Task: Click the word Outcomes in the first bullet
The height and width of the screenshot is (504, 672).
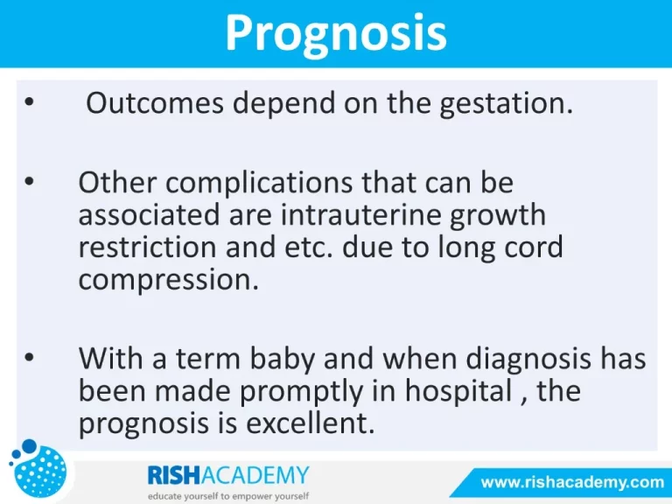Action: coord(155,103)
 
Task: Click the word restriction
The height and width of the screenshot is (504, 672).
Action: coord(147,247)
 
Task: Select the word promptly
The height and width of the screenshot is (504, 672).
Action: coord(301,392)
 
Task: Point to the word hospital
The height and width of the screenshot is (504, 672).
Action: coord(458,392)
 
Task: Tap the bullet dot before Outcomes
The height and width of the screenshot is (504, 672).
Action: coord(29,102)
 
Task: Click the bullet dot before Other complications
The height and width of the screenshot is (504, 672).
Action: coord(29,181)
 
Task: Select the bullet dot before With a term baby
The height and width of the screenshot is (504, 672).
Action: coord(29,357)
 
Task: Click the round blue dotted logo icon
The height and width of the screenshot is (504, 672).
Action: coord(38,468)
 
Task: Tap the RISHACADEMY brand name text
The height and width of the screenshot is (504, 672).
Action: coord(228,475)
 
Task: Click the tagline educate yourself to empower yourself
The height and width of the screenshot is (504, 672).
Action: coord(228,496)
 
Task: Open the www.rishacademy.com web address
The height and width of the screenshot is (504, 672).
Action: coord(572,483)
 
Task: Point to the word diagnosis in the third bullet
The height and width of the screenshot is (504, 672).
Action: coord(528,359)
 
